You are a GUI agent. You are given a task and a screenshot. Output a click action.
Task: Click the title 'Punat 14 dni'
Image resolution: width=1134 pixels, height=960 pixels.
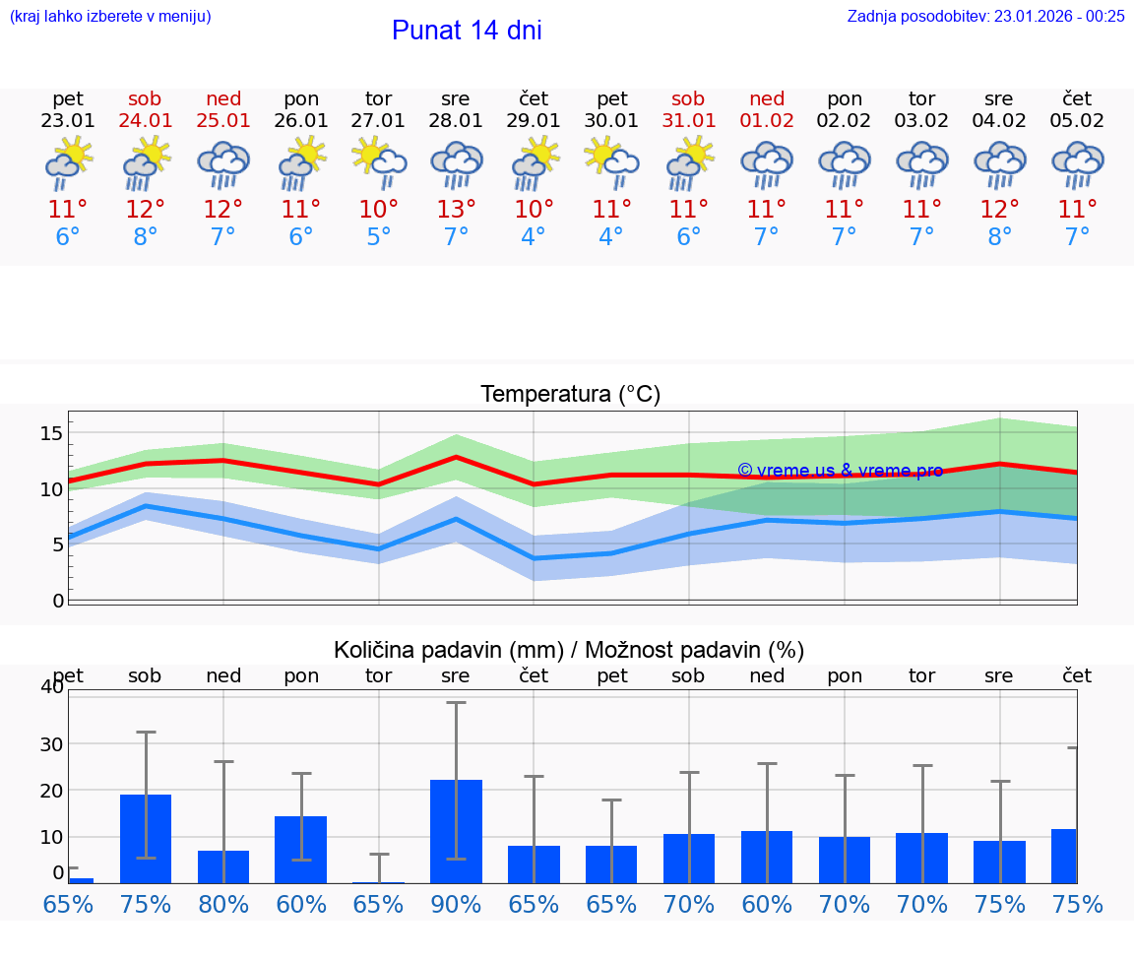(467, 31)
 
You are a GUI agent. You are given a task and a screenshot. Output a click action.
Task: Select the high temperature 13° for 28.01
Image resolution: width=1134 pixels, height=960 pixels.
(456, 210)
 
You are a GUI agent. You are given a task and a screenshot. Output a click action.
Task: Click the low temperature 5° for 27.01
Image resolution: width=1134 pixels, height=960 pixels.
(379, 237)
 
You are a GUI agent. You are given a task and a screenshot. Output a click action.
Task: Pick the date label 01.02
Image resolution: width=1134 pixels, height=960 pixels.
(767, 121)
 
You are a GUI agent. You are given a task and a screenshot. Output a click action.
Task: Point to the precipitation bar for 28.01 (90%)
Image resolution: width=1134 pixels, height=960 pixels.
(456, 831)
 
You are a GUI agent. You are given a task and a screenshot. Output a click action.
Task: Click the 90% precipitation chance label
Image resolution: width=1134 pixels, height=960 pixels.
(456, 904)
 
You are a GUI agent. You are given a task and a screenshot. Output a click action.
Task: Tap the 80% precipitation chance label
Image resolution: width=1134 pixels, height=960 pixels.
(223, 904)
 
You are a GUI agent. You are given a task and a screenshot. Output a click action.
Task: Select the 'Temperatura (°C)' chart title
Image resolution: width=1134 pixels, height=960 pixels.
(570, 394)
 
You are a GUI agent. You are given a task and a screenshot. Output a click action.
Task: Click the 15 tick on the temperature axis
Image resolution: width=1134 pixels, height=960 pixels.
(51, 433)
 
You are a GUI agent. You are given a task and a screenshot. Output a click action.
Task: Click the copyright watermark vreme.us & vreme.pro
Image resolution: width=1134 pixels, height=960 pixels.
(840, 471)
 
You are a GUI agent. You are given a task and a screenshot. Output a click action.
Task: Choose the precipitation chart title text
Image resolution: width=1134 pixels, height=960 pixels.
(569, 650)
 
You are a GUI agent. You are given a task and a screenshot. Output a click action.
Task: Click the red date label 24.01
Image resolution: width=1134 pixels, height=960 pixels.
(146, 121)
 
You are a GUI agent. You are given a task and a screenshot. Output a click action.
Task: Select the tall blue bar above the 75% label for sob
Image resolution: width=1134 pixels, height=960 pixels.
(146, 838)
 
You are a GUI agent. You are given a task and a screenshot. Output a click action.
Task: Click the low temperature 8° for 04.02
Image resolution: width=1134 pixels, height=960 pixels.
(999, 237)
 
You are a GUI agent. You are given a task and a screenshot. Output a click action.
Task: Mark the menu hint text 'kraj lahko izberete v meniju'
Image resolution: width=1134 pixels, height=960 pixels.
(110, 16)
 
